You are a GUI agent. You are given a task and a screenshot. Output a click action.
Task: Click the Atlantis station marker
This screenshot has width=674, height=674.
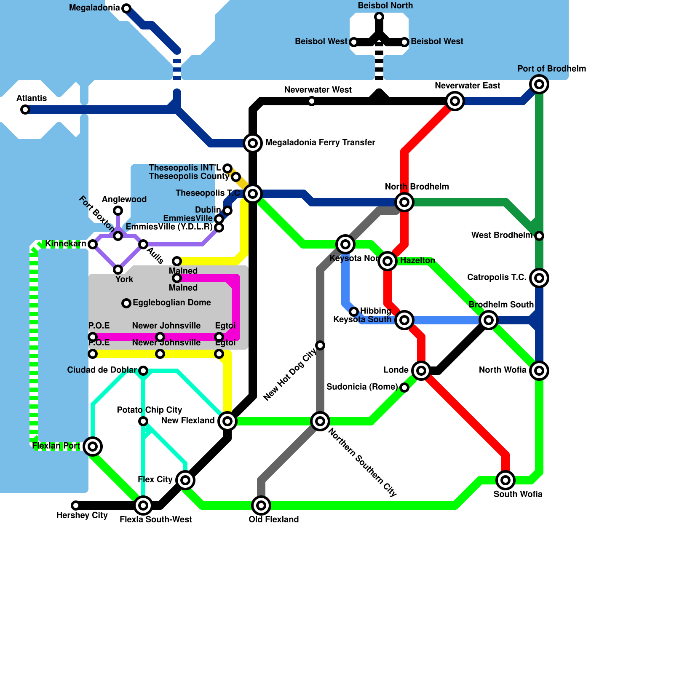(25, 110)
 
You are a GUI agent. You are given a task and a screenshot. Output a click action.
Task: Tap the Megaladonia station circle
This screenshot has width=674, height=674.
(126, 8)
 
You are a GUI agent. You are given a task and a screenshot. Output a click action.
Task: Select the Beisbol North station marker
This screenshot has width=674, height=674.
(379, 17)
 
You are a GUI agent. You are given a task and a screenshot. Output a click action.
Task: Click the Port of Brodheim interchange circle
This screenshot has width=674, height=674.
(539, 84)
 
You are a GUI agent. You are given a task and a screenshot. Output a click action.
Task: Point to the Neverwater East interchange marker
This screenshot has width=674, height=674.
(455, 101)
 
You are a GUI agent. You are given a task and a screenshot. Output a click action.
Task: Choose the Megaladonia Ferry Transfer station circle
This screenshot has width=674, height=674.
(253, 143)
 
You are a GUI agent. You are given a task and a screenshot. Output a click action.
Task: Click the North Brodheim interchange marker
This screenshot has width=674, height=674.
(404, 202)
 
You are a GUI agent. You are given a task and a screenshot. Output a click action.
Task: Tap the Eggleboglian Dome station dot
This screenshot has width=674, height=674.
(126, 303)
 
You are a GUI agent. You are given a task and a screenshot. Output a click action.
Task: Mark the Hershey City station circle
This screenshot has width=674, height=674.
(76, 505)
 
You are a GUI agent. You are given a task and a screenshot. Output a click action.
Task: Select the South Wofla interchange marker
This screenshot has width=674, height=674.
(505, 480)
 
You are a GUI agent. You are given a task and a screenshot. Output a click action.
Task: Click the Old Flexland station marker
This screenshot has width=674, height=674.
(261, 505)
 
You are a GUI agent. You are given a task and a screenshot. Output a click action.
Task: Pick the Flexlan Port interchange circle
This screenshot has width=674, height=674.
(93, 447)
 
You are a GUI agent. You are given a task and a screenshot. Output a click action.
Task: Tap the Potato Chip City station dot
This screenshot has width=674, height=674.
(143, 421)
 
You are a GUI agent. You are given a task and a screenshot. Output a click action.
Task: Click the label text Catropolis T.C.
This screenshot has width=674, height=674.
(497, 277)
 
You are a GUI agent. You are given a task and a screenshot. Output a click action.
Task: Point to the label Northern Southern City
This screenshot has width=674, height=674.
(362, 462)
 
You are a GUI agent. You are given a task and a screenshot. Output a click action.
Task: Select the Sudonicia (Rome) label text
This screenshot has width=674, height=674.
(362, 387)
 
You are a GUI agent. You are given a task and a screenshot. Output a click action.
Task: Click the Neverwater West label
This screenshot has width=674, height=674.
(318, 90)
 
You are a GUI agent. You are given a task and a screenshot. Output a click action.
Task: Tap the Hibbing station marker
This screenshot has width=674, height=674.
(354, 312)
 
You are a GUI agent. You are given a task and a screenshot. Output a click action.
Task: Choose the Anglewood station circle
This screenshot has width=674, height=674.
(118, 211)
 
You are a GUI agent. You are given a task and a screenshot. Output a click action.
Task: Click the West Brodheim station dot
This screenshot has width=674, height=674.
(539, 236)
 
